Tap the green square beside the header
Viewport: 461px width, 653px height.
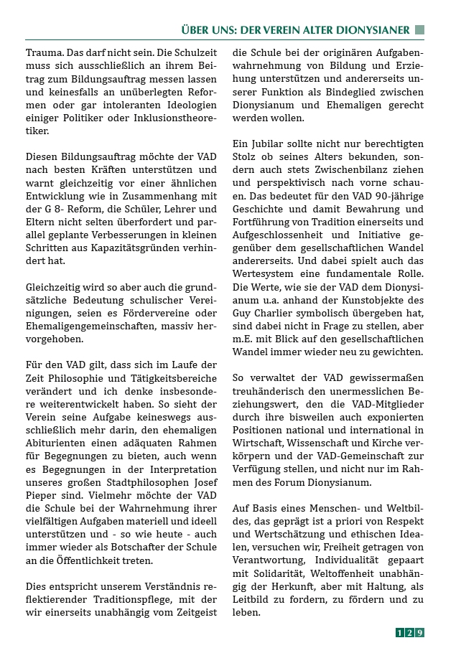coord(420,30)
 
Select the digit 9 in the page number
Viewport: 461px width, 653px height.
coord(420,632)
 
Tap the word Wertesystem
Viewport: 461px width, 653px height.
coord(264,273)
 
